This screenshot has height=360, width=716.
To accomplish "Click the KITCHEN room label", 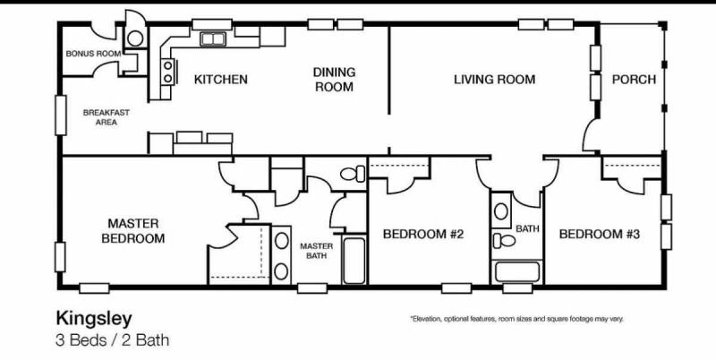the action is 220,80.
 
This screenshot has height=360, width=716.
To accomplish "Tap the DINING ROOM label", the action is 334,80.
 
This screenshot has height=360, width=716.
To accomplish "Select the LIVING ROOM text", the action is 494,80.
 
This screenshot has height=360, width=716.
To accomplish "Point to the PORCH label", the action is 634,80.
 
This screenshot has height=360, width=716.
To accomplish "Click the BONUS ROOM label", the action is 94,54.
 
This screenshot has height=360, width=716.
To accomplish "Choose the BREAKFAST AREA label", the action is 106,117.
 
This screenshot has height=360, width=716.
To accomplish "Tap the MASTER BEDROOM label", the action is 132,231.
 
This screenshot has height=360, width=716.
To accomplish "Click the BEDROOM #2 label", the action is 423,235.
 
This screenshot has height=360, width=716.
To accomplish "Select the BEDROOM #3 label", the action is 600,235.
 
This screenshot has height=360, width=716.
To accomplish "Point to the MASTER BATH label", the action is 317,251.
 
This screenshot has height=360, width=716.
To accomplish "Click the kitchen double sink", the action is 213,39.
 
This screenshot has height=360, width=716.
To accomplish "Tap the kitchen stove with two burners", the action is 168,73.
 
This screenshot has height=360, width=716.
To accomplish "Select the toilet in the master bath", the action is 353,174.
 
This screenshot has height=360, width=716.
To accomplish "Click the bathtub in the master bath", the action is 354,260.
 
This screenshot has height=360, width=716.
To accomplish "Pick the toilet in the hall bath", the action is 504,241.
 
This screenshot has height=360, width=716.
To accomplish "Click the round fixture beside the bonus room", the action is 135,39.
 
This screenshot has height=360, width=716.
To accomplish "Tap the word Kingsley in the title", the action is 94,319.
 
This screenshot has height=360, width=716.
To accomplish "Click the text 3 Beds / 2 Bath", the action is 113,340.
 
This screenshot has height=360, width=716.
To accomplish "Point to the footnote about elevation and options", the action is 516,319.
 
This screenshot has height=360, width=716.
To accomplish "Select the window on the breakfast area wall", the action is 61,116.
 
